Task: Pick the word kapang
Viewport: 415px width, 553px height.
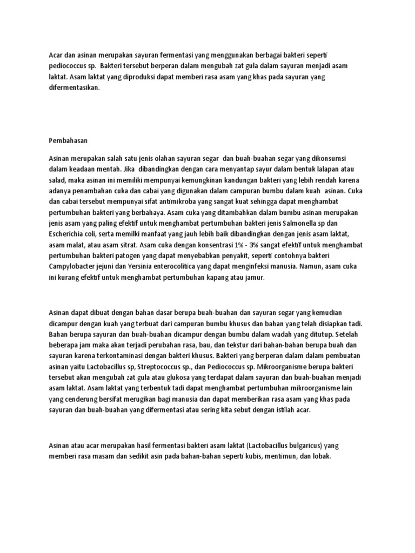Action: (212, 277)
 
